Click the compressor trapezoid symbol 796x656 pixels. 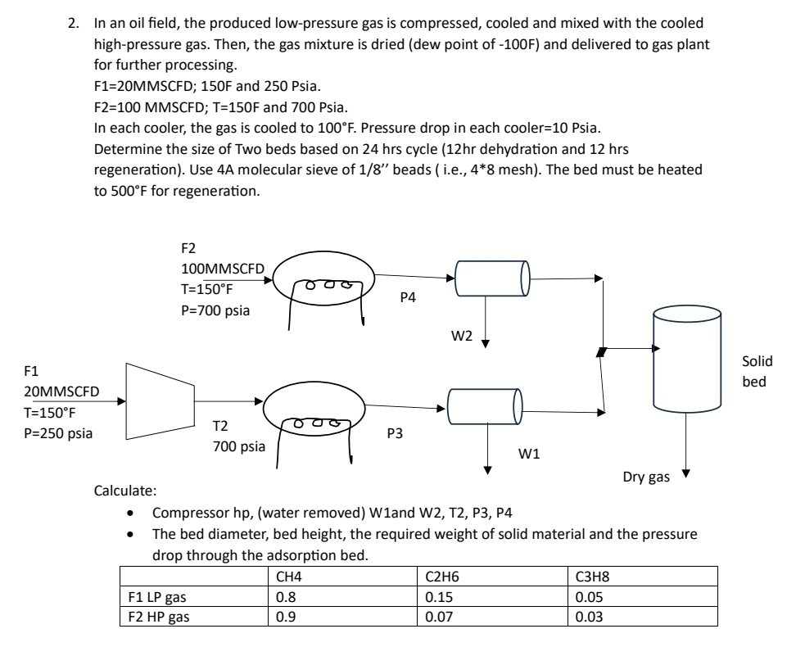tap(159, 401)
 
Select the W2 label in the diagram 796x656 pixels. tap(463, 335)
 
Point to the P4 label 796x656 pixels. tap(408, 299)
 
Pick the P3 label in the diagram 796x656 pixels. tap(395, 434)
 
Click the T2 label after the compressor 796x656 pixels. tap(220, 426)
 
